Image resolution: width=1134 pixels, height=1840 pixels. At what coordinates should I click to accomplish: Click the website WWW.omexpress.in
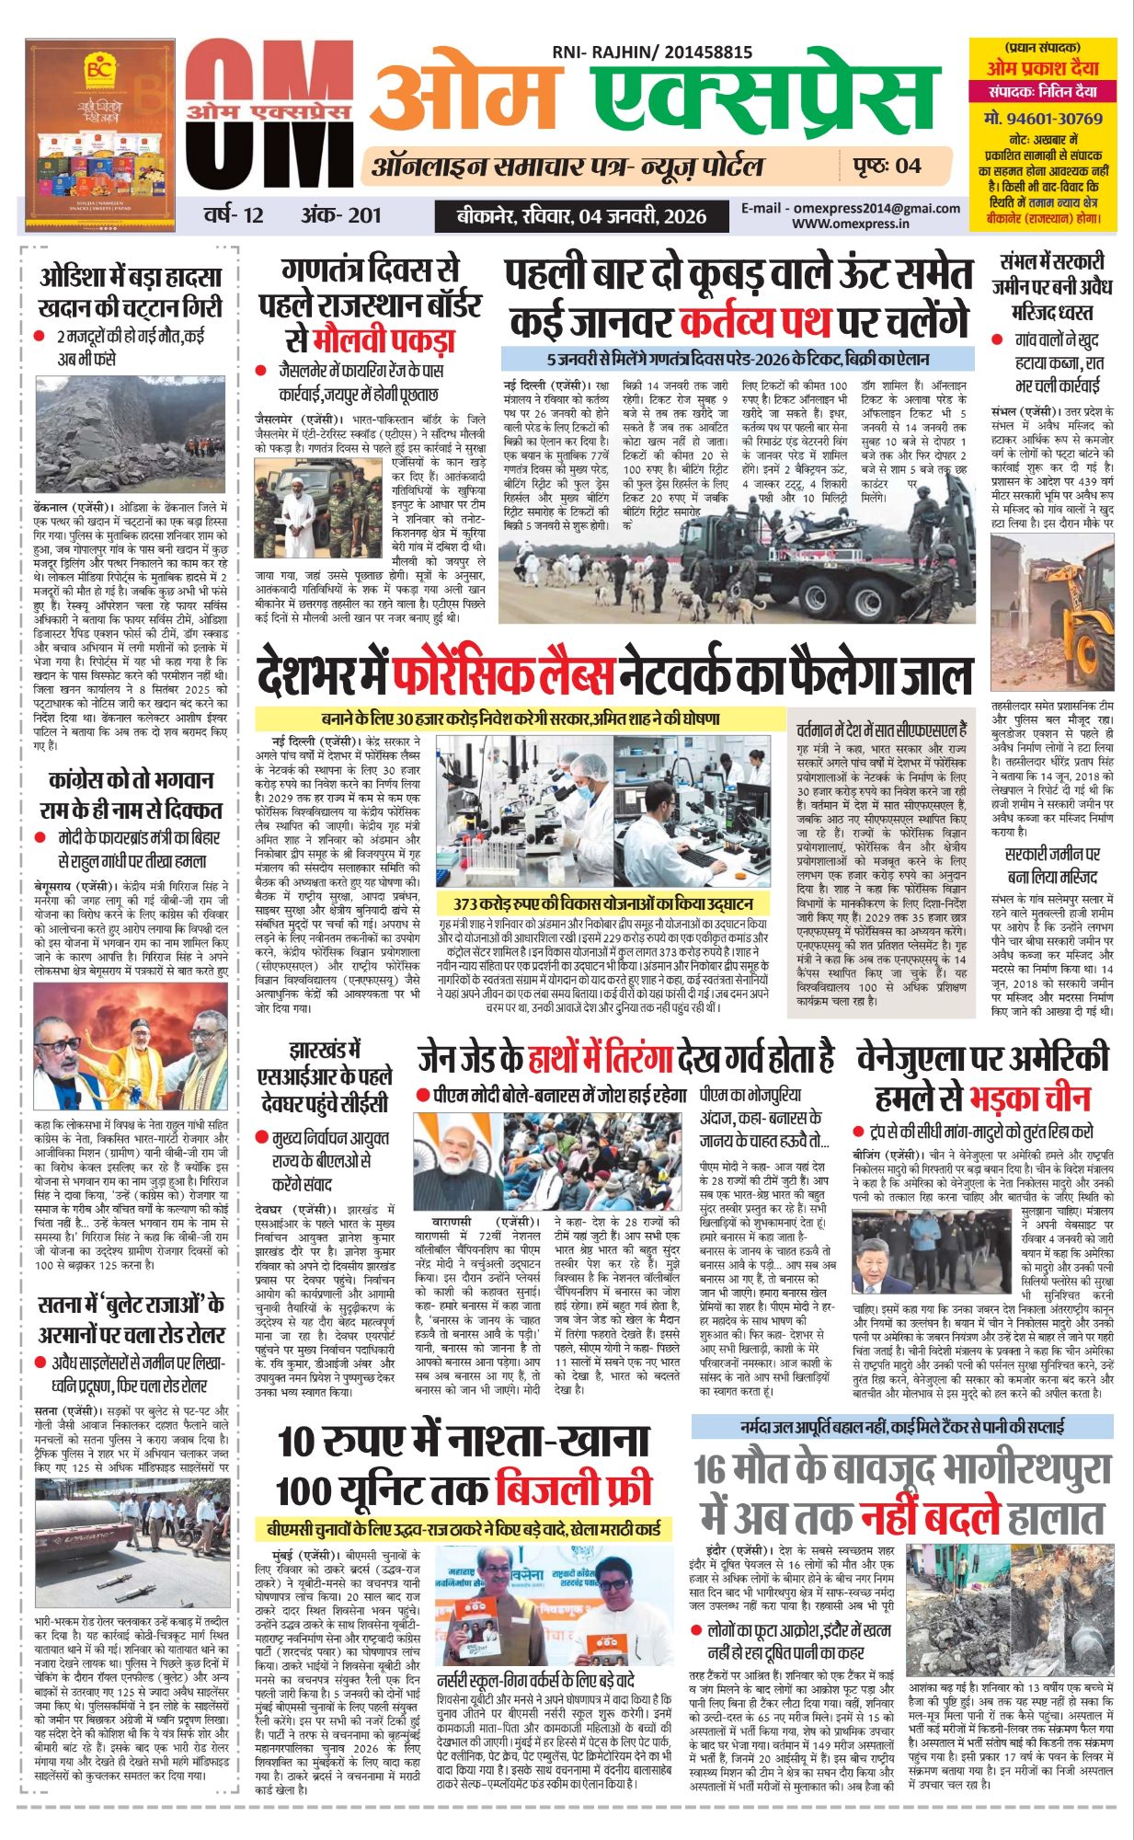coord(851,223)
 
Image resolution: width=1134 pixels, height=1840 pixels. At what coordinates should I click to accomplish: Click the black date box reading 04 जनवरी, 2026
coord(583,216)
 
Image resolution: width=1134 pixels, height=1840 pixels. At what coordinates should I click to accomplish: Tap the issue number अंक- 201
coord(340,216)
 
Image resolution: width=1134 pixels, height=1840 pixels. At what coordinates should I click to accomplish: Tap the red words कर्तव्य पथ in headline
coord(757,321)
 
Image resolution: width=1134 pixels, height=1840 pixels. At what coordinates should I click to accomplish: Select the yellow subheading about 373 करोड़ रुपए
coord(603,903)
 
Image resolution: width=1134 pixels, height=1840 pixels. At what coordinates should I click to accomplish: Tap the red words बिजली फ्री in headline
coord(572,1489)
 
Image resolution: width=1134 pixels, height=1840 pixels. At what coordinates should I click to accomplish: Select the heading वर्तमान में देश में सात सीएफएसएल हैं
coord(881,730)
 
